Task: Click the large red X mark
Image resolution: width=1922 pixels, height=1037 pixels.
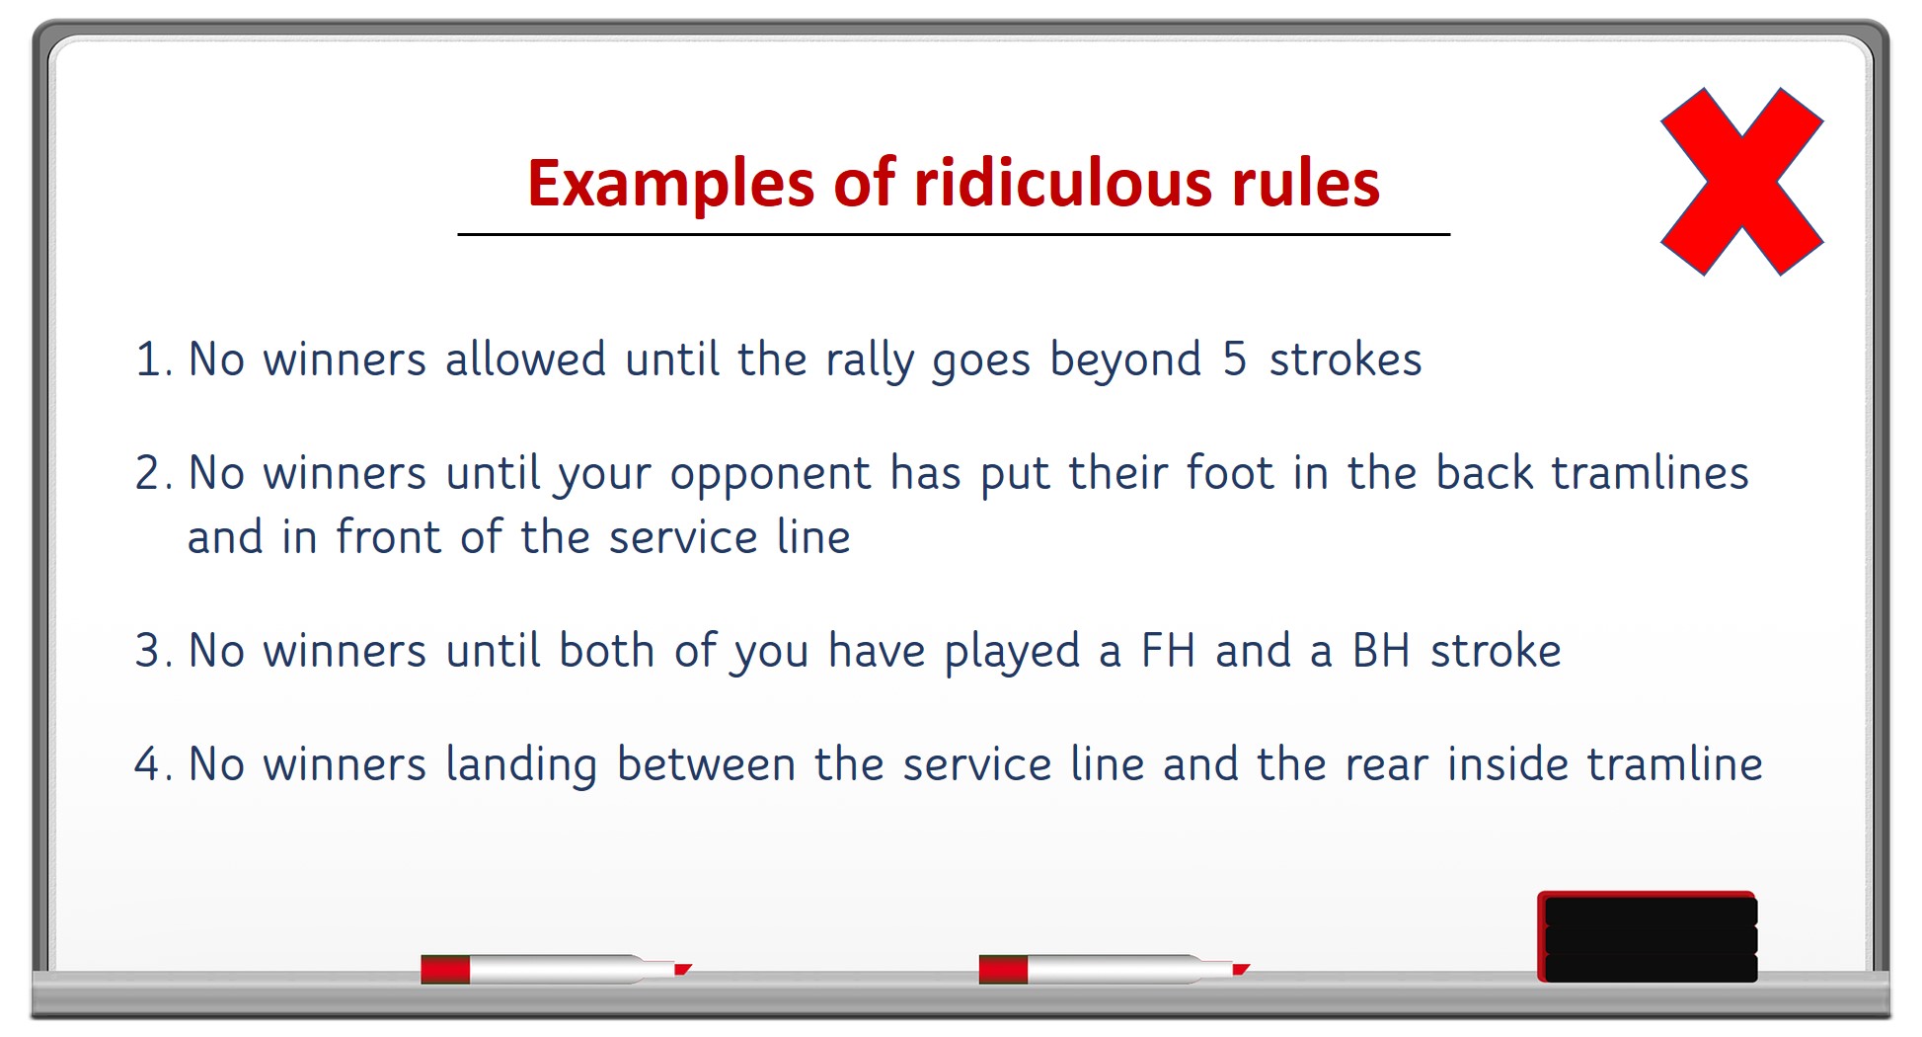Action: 1742,181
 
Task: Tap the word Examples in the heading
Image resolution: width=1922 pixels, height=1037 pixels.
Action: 671,184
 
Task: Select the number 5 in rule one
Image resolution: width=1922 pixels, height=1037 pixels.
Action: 1234,359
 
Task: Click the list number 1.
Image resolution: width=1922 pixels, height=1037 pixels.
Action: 149,359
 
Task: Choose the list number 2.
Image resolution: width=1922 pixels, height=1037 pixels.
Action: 149,473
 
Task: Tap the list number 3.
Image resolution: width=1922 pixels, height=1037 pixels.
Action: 149,651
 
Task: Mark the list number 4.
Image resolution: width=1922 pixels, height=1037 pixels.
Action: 149,764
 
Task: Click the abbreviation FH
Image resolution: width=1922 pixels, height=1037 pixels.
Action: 1168,651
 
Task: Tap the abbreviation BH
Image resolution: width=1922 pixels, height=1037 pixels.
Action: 1380,651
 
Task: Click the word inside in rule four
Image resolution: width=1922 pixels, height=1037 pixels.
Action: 1507,764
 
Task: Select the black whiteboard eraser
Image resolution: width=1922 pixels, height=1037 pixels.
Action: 1648,937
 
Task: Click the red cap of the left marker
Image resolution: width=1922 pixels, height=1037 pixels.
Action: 445,969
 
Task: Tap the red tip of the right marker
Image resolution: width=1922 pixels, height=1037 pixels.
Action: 1241,969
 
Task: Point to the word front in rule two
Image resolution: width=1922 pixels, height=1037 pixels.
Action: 388,537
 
